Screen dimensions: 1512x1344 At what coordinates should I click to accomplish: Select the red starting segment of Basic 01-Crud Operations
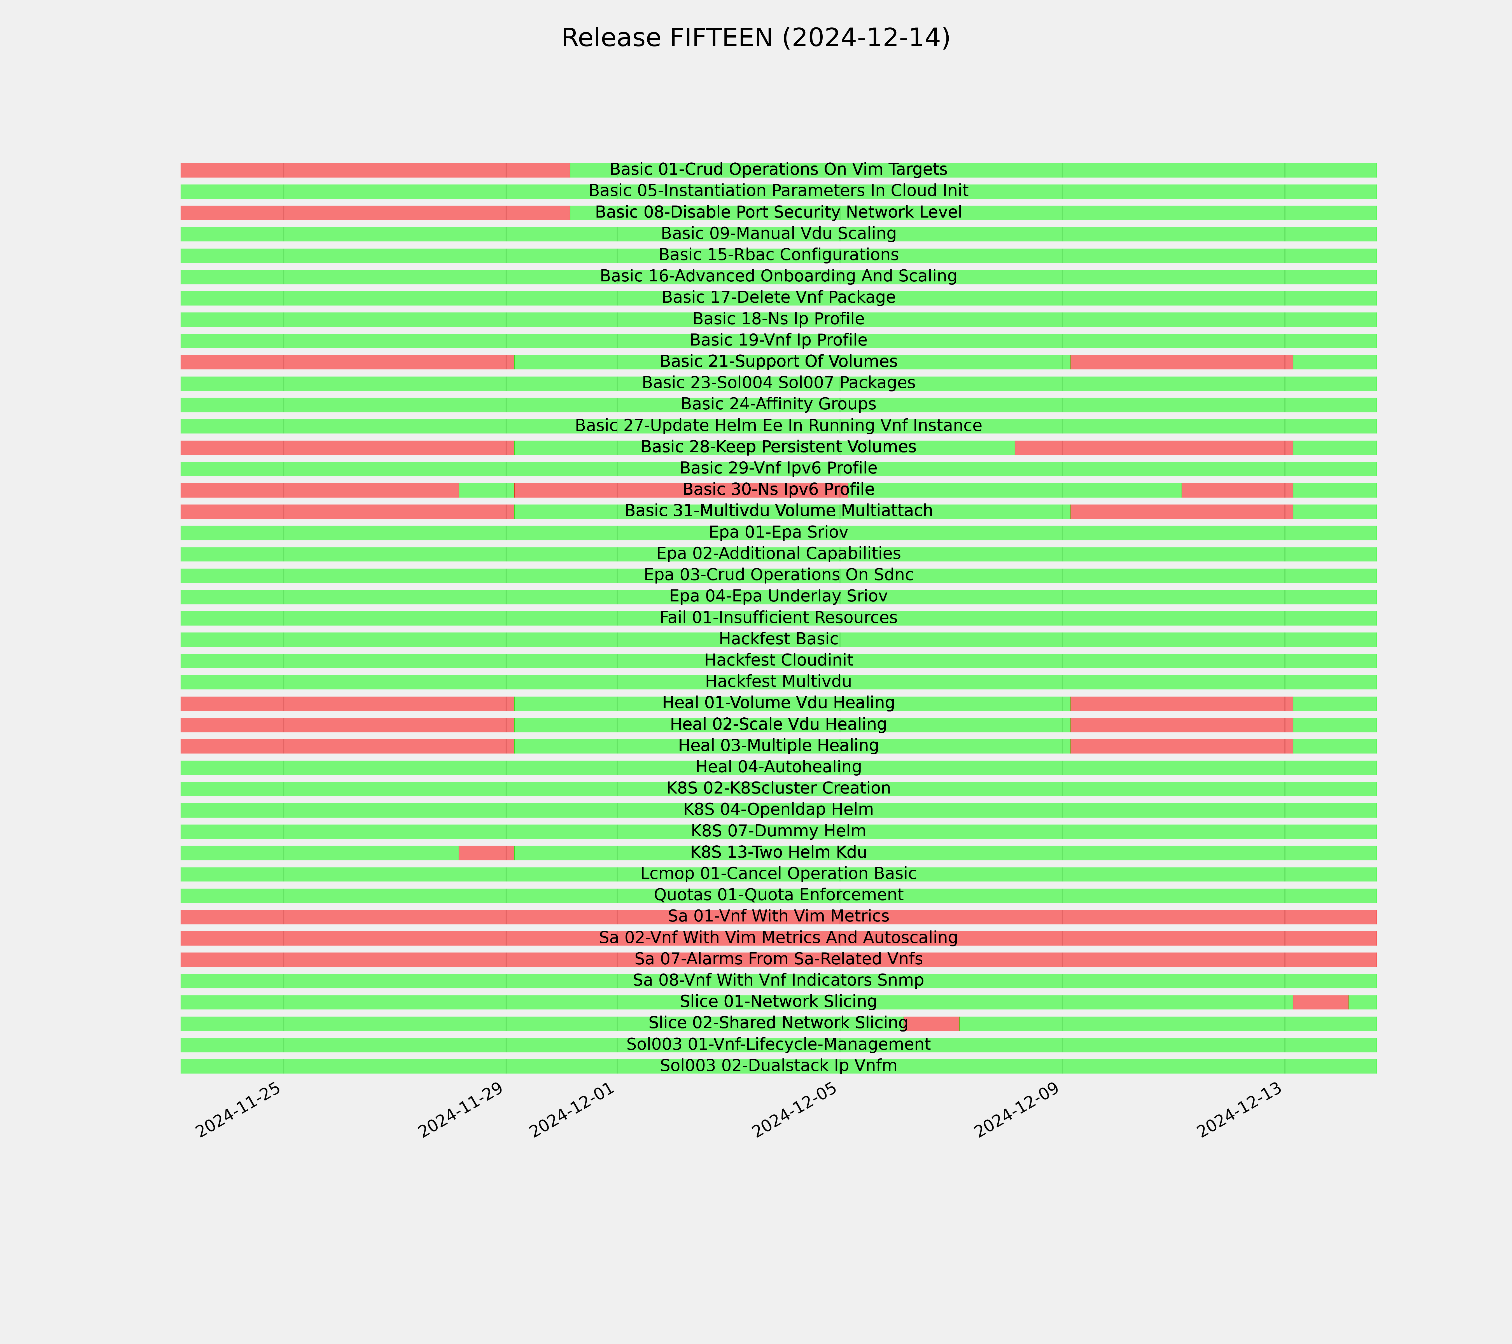coord(375,170)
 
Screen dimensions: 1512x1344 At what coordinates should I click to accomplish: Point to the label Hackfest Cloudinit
coord(778,660)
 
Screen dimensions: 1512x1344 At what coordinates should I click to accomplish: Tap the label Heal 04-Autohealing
coord(778,767)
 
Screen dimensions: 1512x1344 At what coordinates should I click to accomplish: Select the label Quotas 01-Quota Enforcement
coord(778,895)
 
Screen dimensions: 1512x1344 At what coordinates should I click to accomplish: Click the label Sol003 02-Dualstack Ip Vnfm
coord(778,1066)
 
